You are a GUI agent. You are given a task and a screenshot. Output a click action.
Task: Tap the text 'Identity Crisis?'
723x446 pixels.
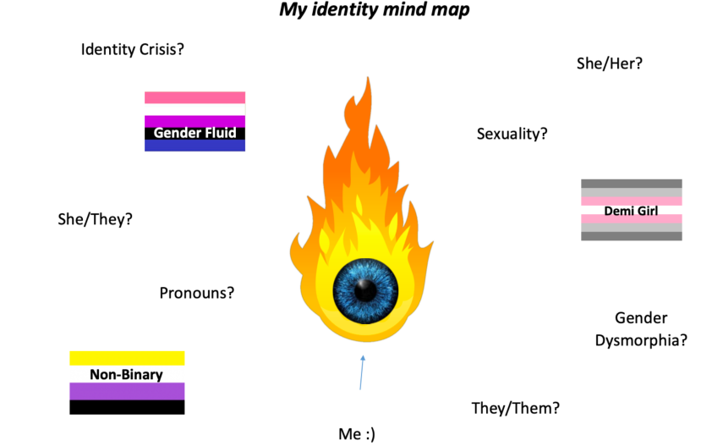point(133,49)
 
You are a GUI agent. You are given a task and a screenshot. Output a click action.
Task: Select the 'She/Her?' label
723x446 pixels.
point(609,63)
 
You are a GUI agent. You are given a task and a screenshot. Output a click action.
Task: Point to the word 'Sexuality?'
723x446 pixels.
point(512,134)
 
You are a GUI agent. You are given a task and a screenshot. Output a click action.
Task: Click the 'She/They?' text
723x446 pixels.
point(95,219)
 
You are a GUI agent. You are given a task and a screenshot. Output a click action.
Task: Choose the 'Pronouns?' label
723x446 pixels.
point(196,293)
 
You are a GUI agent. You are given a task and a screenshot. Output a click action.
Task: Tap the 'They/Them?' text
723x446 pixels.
point(515,408)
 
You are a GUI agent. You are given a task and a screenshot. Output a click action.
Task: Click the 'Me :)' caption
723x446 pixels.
point(356,434)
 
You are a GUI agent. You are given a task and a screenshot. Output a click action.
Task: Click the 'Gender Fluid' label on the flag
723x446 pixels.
point(194,133)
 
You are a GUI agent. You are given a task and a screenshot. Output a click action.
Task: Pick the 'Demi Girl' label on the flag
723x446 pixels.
point(631,210)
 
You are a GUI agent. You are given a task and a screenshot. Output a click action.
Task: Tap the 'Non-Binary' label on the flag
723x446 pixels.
point(126,374)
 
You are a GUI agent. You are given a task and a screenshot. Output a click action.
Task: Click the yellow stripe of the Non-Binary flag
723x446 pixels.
point(126,358)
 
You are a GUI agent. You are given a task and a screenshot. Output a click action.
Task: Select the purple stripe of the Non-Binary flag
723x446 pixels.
point(126,391)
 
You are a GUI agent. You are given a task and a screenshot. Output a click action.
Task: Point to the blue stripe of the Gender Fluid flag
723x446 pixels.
point(194,146)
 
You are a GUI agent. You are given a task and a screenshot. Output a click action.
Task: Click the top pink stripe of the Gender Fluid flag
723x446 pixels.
point(194,97)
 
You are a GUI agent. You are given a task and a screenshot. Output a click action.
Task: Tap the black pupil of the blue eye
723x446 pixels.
point(366,289)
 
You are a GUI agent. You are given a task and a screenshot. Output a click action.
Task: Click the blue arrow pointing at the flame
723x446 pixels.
point(362,372)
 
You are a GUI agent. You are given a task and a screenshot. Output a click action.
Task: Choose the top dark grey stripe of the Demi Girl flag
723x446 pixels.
point(631,183)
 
